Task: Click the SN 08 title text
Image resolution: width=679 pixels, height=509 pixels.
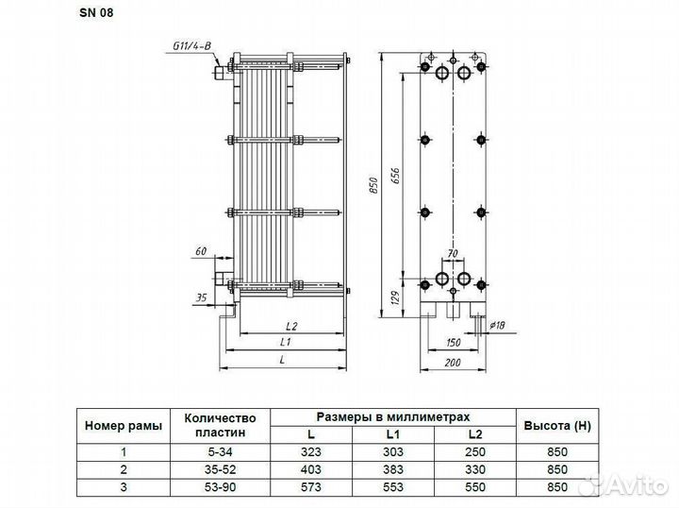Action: click(96, 12)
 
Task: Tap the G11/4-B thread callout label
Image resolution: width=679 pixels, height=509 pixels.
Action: click(192, 45)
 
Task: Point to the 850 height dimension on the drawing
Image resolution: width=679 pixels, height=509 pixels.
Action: click(373, 185)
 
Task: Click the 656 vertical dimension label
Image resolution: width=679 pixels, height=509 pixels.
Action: click(395, 177)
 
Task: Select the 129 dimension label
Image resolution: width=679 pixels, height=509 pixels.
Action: click(395, 298)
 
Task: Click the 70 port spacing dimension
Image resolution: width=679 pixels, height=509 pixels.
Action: click(452, 253)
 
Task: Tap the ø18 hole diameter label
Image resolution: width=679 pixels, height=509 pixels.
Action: click(497, 325)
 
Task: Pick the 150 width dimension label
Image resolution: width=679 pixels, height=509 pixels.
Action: click(453, 343)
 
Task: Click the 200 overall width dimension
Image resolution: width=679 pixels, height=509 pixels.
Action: click(453, 363)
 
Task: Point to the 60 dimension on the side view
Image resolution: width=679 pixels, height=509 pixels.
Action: click(201, 251)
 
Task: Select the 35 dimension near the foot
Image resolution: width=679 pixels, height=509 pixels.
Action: click(201, 297)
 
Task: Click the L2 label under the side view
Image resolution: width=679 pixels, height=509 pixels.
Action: click(291, 326)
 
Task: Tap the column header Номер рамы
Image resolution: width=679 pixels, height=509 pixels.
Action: click(124, 426)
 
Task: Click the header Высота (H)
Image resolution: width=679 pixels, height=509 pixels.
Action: click(557, 426)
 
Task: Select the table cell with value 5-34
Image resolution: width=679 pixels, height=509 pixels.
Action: click(220, 451)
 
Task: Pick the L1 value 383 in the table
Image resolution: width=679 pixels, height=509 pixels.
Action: click(393, 469)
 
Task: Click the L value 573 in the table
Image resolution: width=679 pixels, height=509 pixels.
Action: click(311, 487)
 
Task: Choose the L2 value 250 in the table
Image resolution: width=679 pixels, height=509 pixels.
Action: click(475, 451)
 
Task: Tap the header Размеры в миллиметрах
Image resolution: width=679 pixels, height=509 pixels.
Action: click(393, 417)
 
